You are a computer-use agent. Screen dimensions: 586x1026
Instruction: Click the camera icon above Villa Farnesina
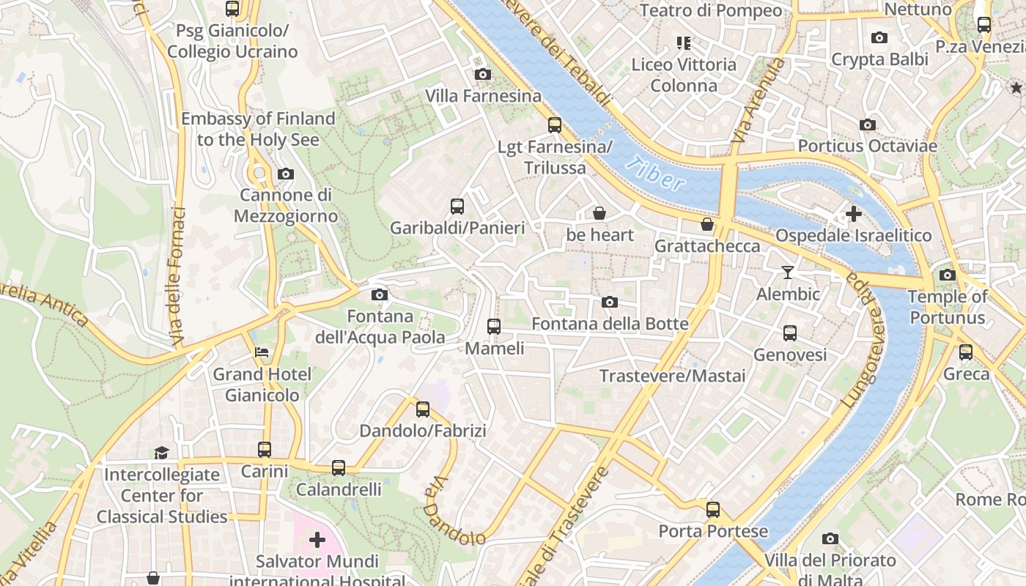[x=482, y=74]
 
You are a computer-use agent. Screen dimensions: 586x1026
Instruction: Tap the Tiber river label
[x=657, y=174]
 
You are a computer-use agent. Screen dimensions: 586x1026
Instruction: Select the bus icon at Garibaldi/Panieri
[x=457, y=207]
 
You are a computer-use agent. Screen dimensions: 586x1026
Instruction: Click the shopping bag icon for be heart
[x=599, y=213]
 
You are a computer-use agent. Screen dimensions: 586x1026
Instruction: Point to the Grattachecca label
[x=707, y=245]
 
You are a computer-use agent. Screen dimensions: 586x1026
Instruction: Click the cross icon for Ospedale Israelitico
[x=853, y=214]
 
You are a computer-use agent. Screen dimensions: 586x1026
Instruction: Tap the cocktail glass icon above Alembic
[x=788, y=272]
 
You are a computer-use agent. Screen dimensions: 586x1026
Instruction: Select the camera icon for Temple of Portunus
[x=947, y=275]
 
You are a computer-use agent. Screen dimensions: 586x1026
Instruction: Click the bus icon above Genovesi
[x=789, y=333]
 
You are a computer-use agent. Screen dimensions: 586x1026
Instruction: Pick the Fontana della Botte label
[x=610, y=324]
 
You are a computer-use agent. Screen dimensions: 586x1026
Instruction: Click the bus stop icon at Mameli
[x=494, y=327]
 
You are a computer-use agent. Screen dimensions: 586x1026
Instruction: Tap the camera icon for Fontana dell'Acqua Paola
[x=379, y=294]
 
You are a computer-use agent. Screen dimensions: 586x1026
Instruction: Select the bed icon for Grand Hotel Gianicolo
[x=262, y=352]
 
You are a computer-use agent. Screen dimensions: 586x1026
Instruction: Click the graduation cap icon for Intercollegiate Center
[x=161, y=453]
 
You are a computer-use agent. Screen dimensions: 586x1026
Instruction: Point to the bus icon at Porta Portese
[x=712, y=510]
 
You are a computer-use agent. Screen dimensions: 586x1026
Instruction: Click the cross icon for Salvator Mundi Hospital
[x=317, y=540]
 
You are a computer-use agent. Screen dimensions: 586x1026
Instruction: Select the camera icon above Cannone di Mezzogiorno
[x=285, y=174]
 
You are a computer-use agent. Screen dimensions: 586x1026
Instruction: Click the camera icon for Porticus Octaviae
[x=867, y=125]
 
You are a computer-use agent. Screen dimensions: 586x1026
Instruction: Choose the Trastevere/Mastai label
[x=672, y=376]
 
